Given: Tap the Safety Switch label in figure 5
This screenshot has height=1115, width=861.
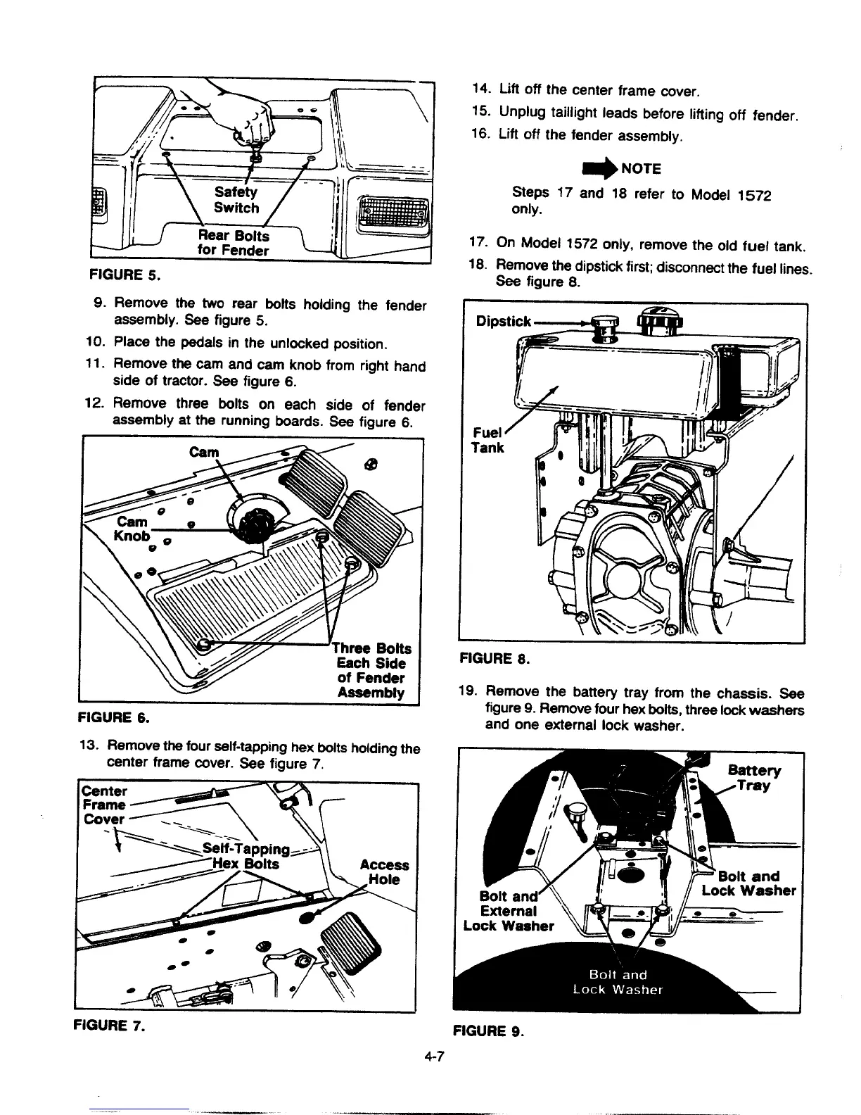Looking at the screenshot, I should [236, 200].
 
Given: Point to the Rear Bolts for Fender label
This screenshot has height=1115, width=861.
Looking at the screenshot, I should [233, 243].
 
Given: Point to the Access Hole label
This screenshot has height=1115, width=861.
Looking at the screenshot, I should [384, 872].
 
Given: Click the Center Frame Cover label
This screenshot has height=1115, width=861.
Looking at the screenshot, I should [104, 804].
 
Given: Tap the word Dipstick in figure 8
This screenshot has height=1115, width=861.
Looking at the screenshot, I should [503, 321].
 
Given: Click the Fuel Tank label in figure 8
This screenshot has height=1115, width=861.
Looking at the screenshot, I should [487, 440].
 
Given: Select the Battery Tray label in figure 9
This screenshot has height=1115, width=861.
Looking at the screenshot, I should [754, 778].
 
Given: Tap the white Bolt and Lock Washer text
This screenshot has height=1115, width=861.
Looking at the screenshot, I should [617, 982].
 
